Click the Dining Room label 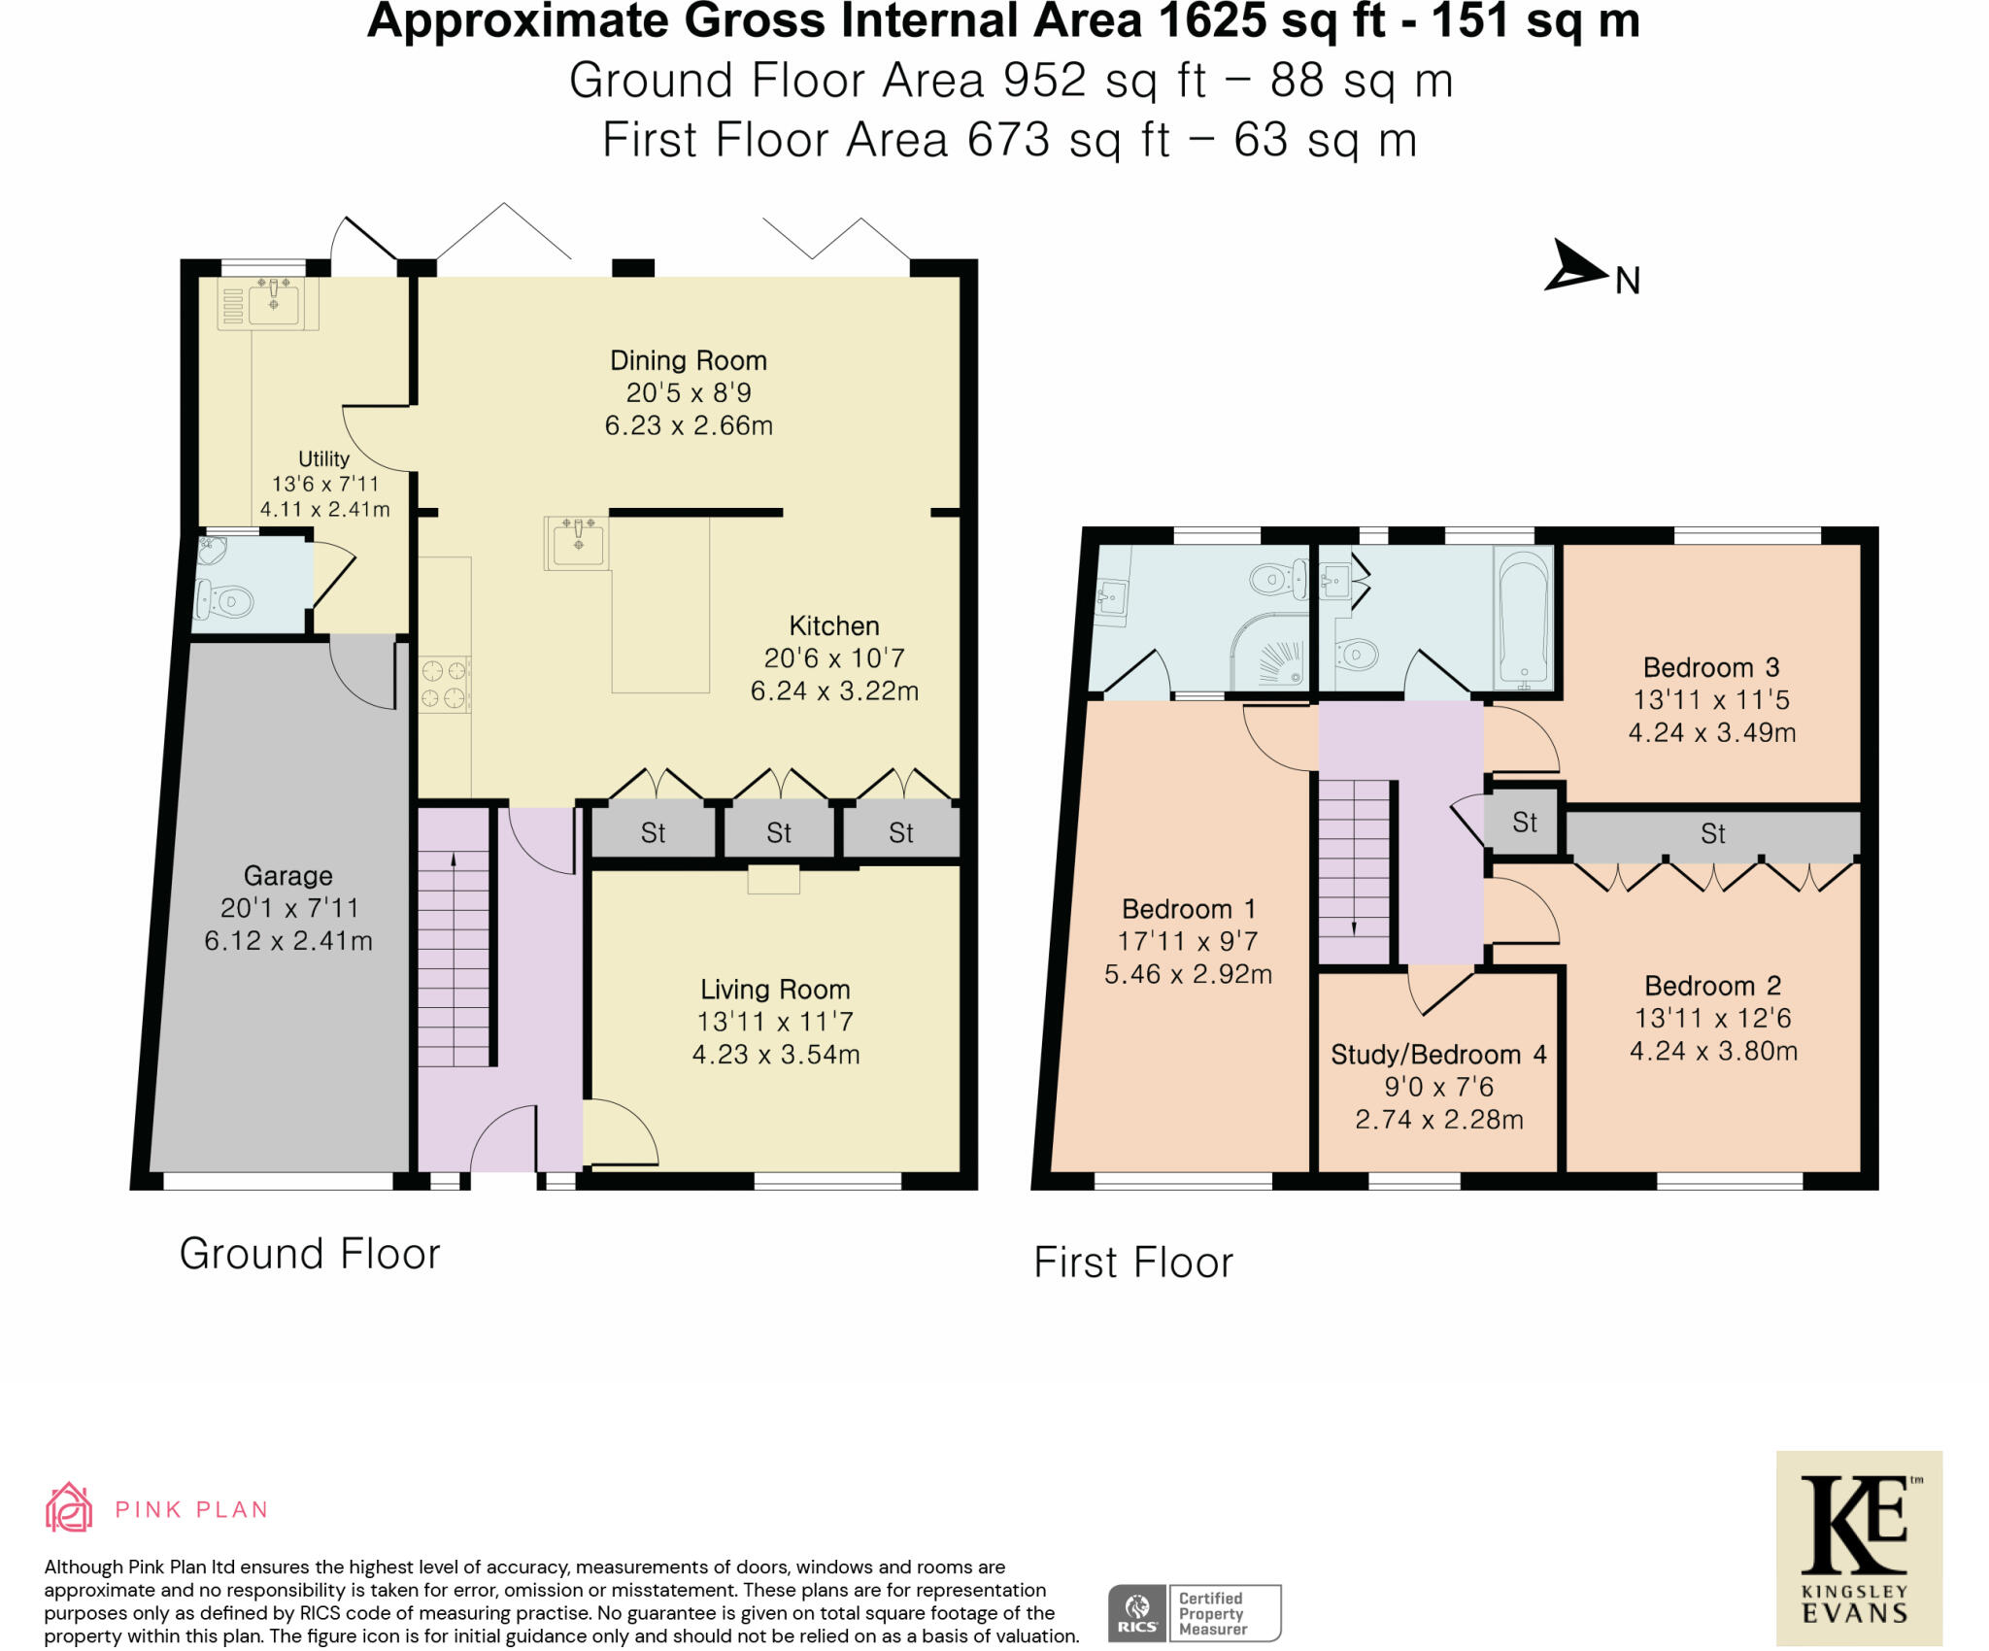[x=689, y=360]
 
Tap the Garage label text [x=287, y=876]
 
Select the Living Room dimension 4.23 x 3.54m [x=776, y=1055]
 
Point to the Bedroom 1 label [x=1189, y=909]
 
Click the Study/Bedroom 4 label [x=1438, y=1055]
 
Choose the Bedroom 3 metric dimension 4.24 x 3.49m [x=1712, y=732]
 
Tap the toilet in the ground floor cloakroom [x=224, y=601]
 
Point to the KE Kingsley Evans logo [x=1859, y=1549]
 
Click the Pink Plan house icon [x=69, y=1507]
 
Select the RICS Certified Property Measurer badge [x=1195, y=1613]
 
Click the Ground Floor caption [x=310, y=1254]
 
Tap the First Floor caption [x=1133, y=1263]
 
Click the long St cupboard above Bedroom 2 [x=1712, y=834]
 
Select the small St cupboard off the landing [x=1524, y=823]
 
